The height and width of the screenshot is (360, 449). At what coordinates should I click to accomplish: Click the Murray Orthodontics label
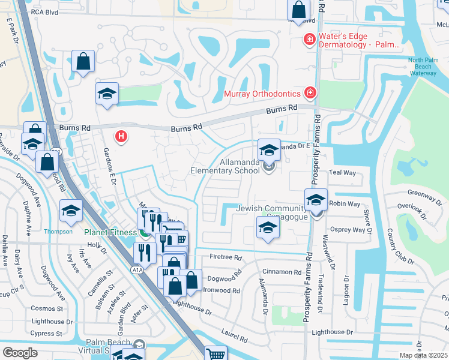click(x=261, y=94)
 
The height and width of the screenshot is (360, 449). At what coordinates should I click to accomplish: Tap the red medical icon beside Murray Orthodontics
click(x=309, y=93)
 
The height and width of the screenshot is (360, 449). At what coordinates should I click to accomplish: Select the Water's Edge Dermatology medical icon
click(x=309, y=40)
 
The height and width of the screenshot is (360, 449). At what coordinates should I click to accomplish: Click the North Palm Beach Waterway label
click(x=427, y=66)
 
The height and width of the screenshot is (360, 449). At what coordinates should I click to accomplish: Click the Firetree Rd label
click(x=225, y=257)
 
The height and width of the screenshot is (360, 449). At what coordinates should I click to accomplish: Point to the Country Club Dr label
click(x=399, y=247)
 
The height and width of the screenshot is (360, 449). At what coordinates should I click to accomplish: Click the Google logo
click(x=20, y=353)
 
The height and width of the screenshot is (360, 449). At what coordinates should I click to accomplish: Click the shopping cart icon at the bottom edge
click(x=215, y=354)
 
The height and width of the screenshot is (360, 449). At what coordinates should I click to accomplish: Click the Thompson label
click(x=58, y=232)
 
